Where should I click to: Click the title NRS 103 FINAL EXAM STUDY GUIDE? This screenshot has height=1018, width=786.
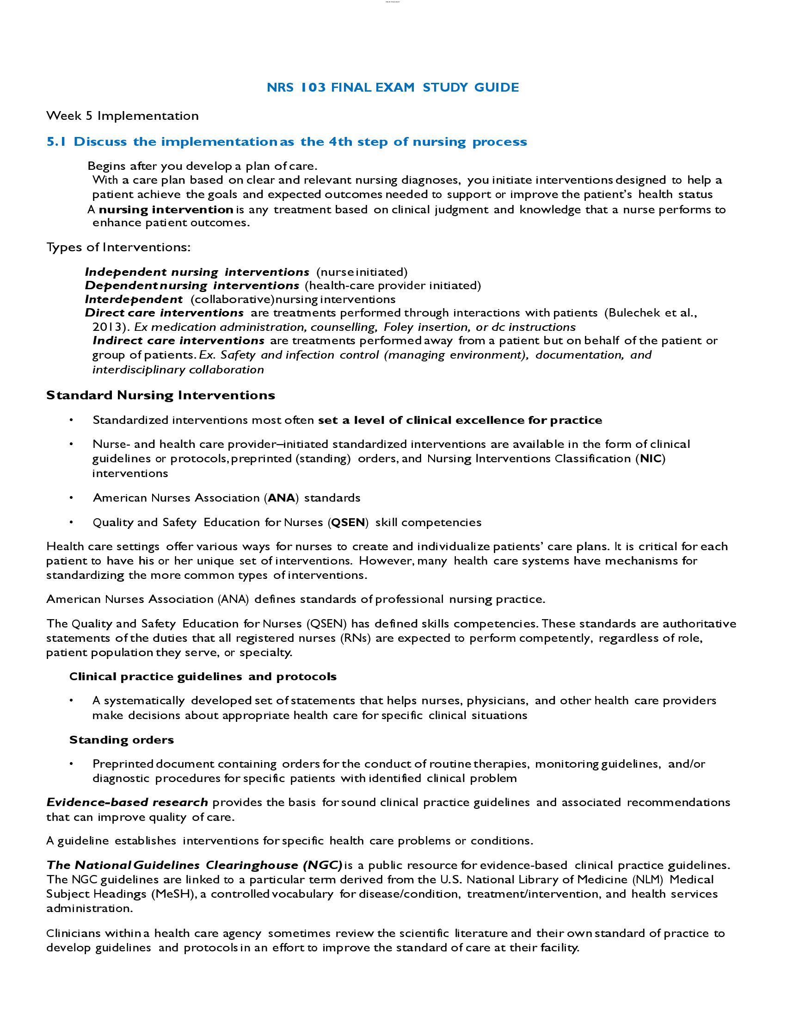(x=393, y=87)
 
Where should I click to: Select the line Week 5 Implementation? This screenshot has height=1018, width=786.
(x=123, y=116)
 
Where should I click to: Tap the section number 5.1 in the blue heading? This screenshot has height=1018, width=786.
(x=56, y=142)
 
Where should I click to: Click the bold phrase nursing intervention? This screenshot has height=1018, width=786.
(x=166, y=210)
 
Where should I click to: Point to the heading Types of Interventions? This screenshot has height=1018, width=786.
(x=118, y=247)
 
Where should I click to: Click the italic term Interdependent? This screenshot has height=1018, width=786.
(x=134, y=299)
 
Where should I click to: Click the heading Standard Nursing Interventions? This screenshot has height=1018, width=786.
(x=160, y=395)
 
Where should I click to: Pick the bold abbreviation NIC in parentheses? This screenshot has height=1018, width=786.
(x=651, y=459)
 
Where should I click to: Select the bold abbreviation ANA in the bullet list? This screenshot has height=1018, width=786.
(x=281, y=498)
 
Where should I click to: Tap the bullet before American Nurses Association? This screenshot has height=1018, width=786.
(x=71, y=498)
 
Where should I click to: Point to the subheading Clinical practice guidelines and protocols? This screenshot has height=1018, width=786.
(x=203, y=677)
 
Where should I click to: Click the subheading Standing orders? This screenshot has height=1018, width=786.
(x=122, y=740)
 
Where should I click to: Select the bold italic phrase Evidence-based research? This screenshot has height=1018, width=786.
(x=127, y=802)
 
